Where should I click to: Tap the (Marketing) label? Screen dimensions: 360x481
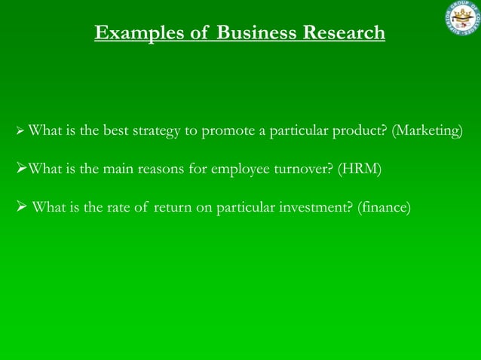427,131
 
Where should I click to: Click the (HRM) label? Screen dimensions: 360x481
361,169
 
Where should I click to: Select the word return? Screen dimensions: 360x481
173,206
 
